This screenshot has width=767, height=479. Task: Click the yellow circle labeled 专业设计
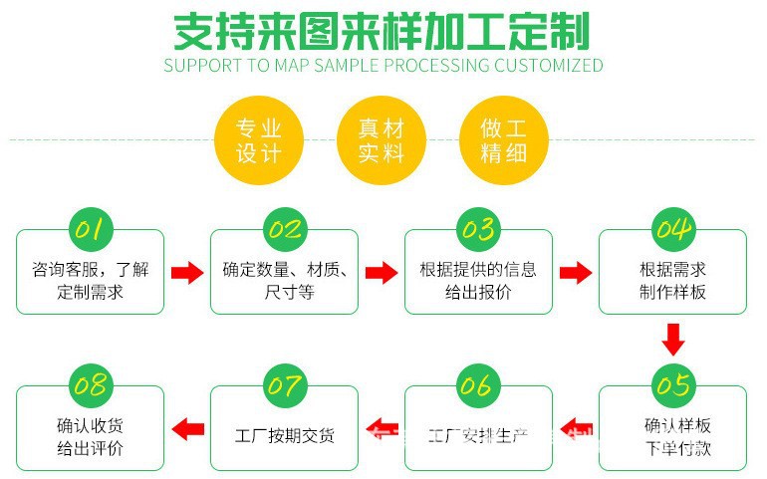click(x=259, y=140)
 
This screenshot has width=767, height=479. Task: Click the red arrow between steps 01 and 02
click(x=186, y=273)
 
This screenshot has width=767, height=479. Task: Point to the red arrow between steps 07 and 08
click(x=187, y=429)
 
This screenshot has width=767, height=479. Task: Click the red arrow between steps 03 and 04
click(x=575, y=273)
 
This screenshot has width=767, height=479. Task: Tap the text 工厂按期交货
click(x=284, y=436)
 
